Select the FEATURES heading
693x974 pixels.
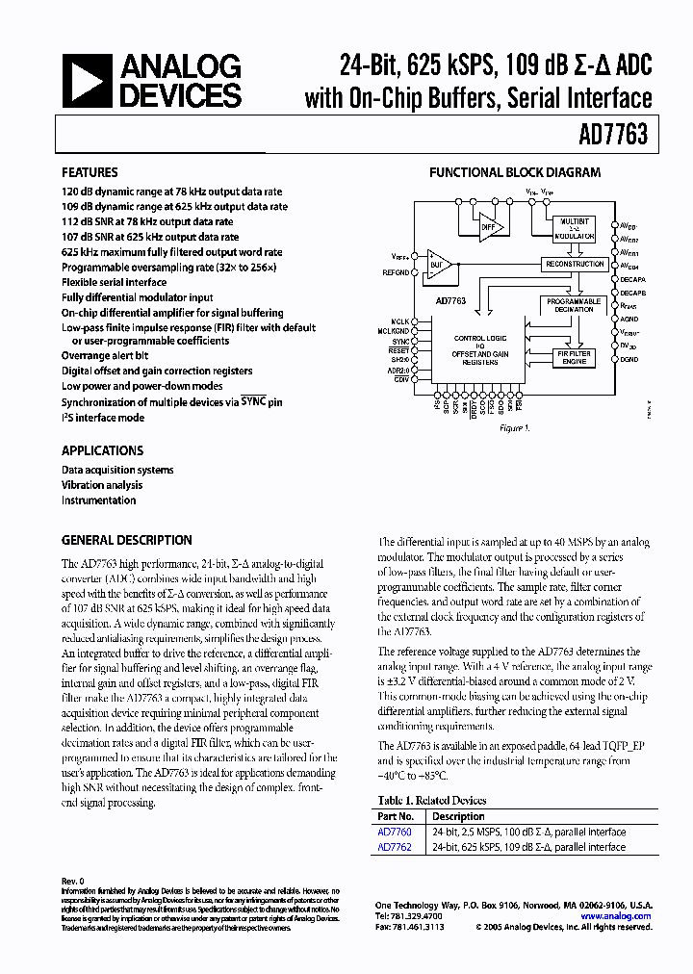tap(90, 173)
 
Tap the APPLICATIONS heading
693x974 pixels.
tap(102, 450)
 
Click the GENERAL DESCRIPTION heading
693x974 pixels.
tap(126, 540)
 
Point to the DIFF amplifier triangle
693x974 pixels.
tap(492, 227)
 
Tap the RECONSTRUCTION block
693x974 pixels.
tap(573, 264)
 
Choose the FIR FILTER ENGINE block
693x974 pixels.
tap(574, 357)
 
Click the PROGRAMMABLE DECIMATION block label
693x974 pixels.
tap(573, 305)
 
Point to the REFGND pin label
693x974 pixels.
tap(396, 273)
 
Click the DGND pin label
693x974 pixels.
tap(629, 359)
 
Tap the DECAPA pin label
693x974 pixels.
tap(633, 279)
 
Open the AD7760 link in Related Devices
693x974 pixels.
tap(394, 832)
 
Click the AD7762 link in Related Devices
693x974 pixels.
tap(394, 847)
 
